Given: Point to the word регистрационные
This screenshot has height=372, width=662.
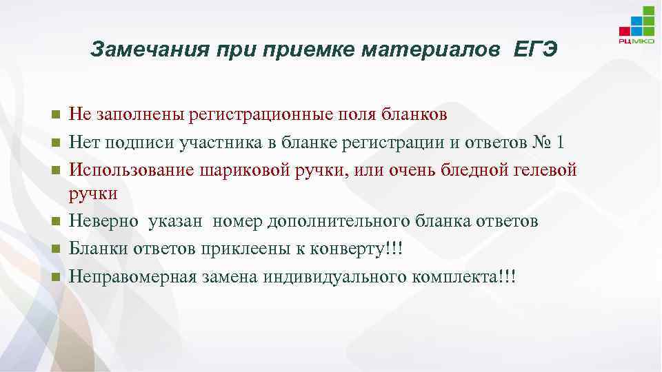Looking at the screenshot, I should click(x=255, y=114).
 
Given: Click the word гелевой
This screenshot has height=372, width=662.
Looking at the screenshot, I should click(x=545, y=169).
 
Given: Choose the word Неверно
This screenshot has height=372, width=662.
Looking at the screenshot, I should click(x=107, y=221).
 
